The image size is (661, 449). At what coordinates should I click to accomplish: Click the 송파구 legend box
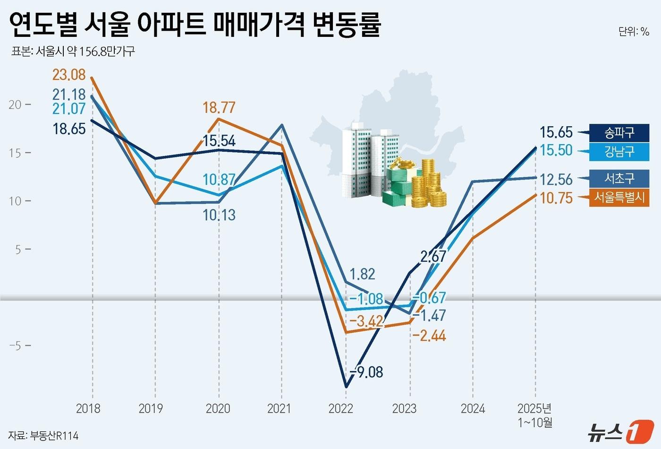point(619,133)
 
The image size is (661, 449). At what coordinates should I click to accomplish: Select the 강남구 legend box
point(619,152)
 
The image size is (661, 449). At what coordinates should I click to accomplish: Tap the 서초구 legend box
point(619,178)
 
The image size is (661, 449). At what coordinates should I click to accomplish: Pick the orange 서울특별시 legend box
point(619,197)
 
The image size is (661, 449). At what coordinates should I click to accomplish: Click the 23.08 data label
point(69,75)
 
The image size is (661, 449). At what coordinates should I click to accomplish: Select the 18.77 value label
point(219,108)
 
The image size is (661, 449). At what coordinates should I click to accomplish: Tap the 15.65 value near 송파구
point(556,132)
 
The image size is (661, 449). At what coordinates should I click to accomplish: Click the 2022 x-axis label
point(340,408)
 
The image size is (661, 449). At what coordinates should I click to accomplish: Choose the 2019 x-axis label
point(151,408)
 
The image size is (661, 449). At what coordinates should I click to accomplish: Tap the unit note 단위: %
point(634,32)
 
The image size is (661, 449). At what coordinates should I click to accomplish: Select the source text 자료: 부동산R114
point(43,435)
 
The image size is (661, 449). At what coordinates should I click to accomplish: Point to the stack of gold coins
point(427,184)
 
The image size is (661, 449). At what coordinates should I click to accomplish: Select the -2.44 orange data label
point(429,336)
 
